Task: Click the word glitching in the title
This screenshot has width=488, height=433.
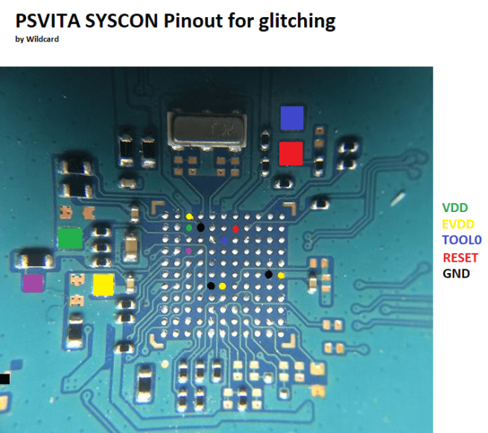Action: pos(293,22)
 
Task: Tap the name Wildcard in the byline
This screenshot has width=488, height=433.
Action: pos(42,39)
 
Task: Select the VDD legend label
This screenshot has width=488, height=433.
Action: pos(456,208)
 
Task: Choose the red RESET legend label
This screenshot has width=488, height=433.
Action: pos(460,257)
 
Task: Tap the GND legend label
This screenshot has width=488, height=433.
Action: pos(457,274)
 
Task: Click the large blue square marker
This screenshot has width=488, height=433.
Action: pos(292,118)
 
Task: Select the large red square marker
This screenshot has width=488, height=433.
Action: pos(291,153)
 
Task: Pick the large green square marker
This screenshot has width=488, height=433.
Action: pos(70,238)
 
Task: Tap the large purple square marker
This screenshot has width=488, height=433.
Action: pos(32,284)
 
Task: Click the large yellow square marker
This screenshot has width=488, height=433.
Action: pos(103,284)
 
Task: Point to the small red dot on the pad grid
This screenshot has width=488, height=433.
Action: pos(235,229)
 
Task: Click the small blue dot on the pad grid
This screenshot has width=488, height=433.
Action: pos(224,240)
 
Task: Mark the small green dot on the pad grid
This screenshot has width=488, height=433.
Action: pos(189,228)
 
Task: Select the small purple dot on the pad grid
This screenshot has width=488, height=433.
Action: pos(188,251)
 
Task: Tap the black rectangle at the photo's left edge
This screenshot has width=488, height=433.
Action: pos(4,379)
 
